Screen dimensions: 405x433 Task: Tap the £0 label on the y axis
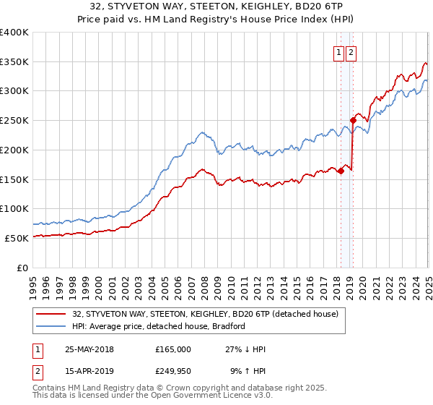point(21,268)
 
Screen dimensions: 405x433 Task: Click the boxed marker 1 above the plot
point(338,52)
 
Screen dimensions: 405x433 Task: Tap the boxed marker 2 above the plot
point(351,52)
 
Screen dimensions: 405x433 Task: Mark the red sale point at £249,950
point(353,120)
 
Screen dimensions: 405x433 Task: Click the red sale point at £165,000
point(341,171)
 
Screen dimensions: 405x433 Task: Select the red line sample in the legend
point(49,314)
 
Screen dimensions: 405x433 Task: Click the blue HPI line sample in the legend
point(49,326)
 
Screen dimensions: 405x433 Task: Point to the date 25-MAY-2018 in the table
point(89,349)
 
